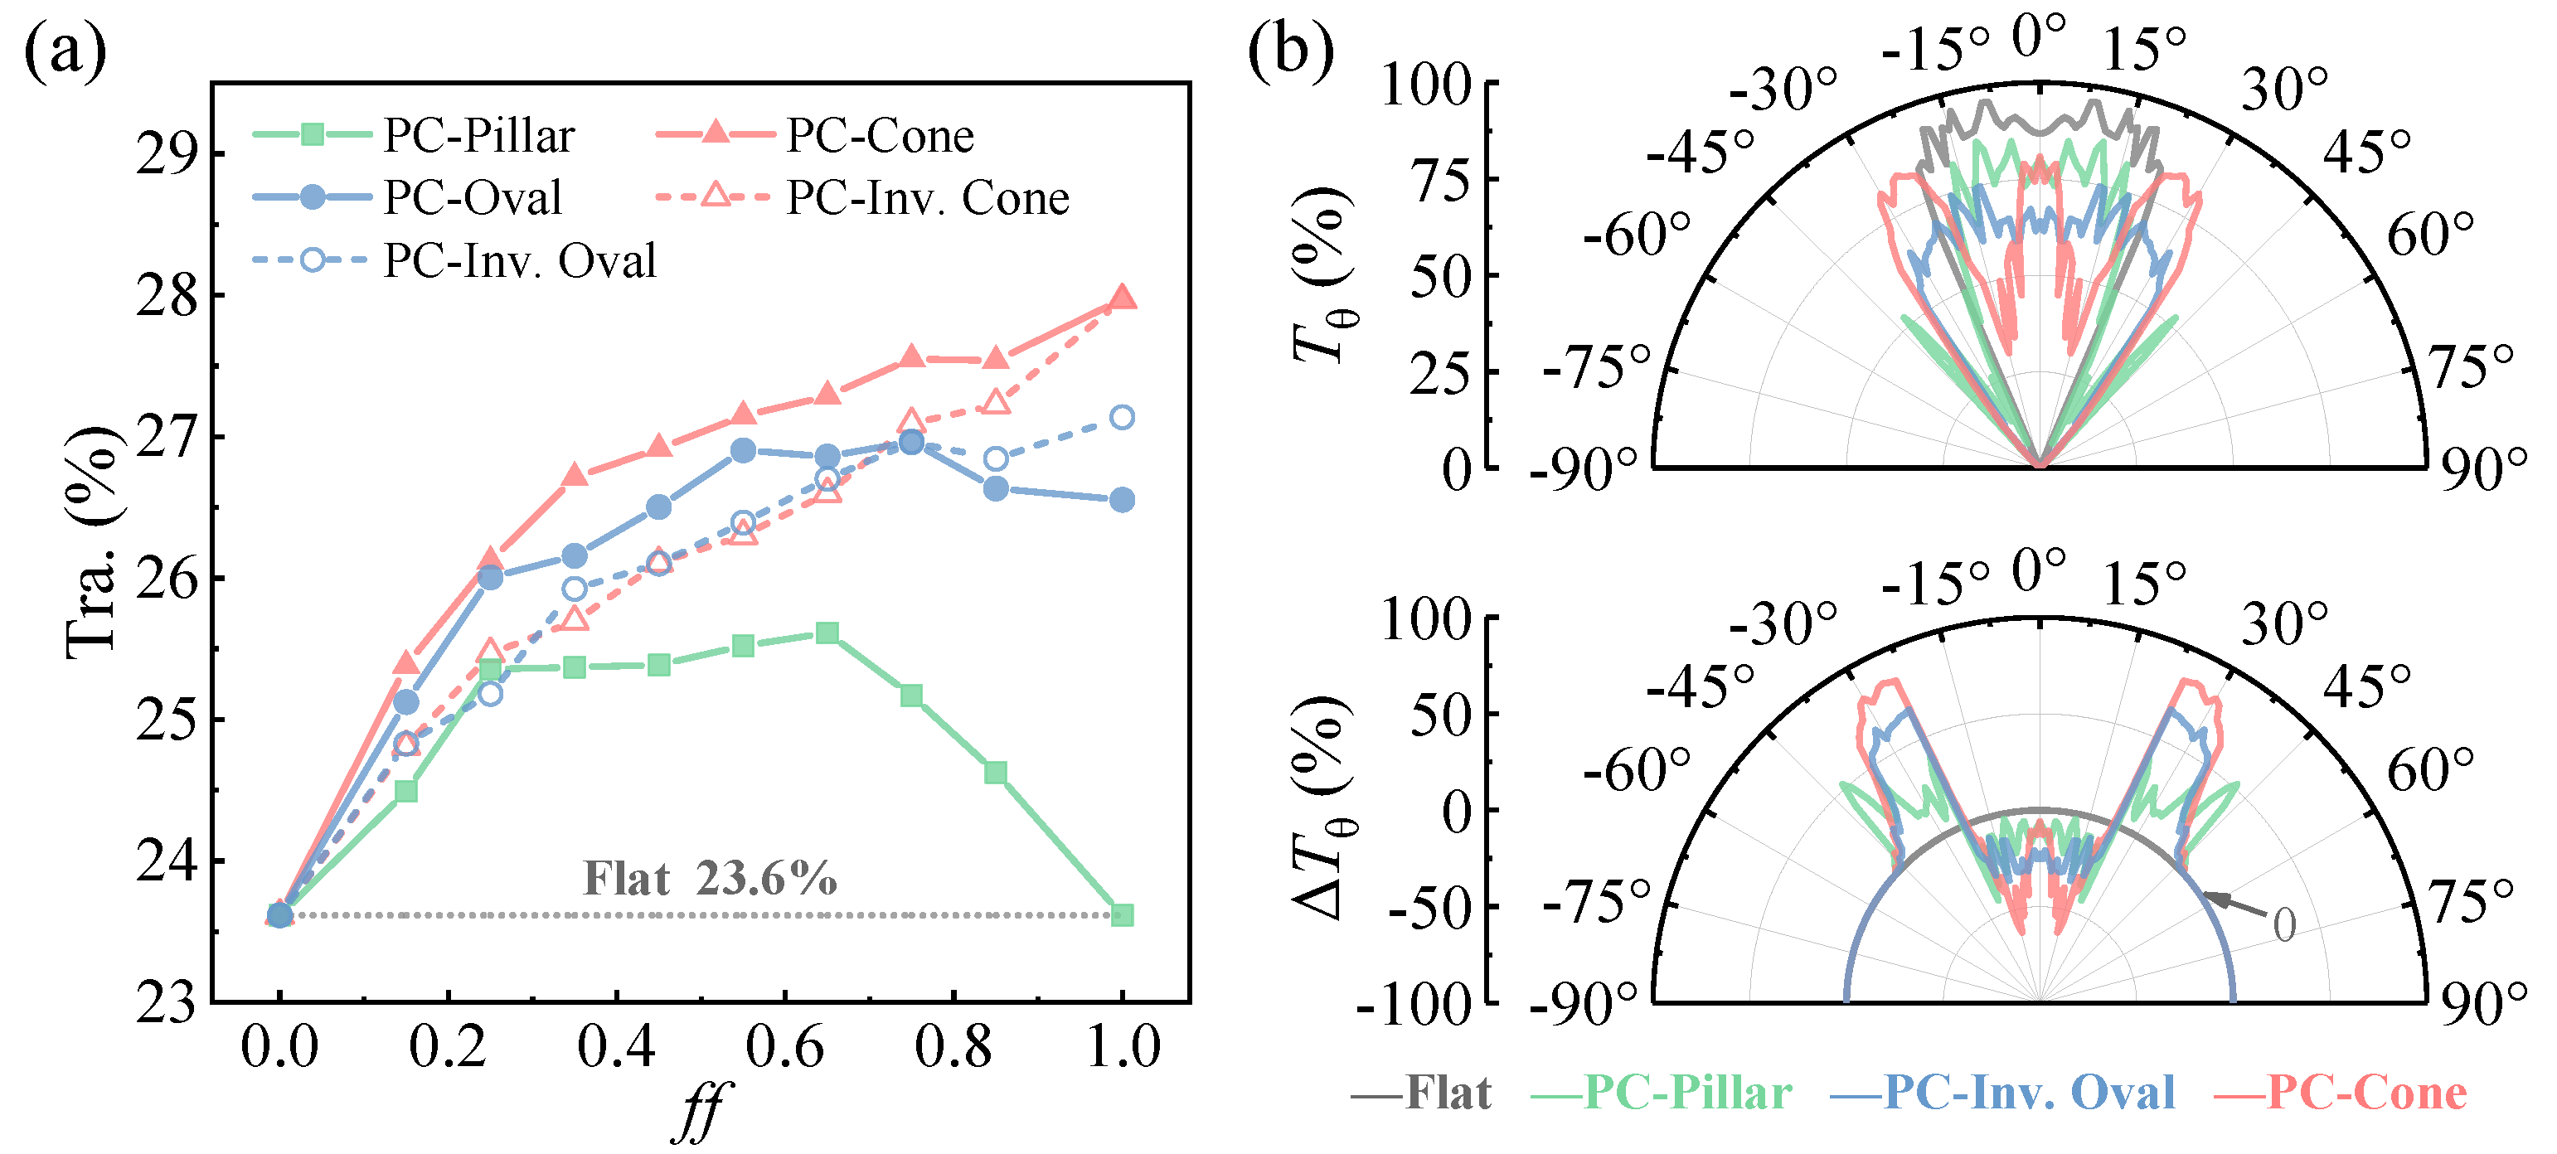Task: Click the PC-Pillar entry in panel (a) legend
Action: [414, 135]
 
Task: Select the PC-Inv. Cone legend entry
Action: [862, 197]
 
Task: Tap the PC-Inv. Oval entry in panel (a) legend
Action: [454, 260]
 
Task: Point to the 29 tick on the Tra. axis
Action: [166, 154]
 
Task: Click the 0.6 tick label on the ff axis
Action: [784, 1047]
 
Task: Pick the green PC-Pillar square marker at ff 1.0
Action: [1122, 914]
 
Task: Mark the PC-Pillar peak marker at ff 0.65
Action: [827, 633]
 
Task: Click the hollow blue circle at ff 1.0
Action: [1122, 417]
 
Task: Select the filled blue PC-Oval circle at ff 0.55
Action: [744, 450]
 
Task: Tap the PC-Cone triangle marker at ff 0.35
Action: [575, 474]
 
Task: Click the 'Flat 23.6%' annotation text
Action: [710, 878]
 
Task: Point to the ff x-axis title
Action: [701, 1112]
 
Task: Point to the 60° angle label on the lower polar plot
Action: [2430, 770]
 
